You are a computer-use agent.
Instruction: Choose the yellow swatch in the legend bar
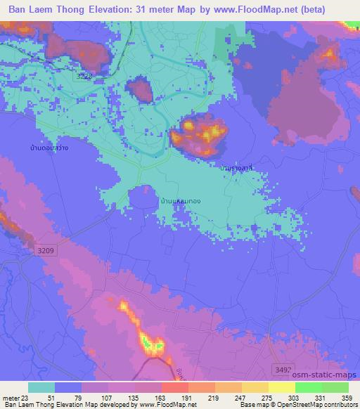(x=281, y=387)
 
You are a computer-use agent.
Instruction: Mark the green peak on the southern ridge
(x=150, y=342)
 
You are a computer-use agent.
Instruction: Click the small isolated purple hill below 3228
(x=140, y=89)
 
